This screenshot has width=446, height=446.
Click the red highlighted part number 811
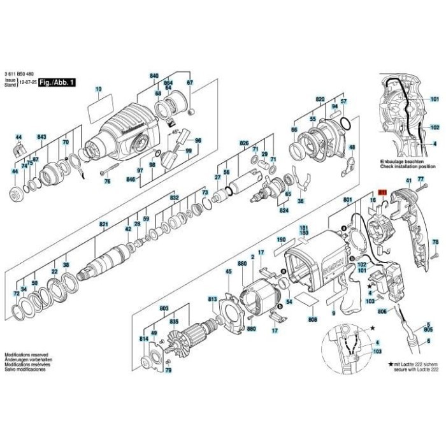click(382, 191)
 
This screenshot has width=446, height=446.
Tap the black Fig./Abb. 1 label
click(57, 83)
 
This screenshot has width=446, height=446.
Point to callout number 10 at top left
click(98, 89)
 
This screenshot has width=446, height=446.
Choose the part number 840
click(154, 76)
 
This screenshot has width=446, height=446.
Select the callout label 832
click(174, 198)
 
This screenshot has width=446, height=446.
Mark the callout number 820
click(319, 99)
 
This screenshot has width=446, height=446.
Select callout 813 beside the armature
click(213, 298)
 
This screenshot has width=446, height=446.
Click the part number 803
click(164, 308)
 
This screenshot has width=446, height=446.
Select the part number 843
click(41, 137)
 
